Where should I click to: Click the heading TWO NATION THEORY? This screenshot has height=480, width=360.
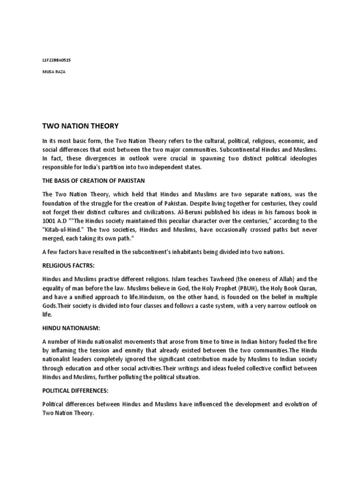coord(81,126)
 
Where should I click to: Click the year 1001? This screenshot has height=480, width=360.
coord(51,221)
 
